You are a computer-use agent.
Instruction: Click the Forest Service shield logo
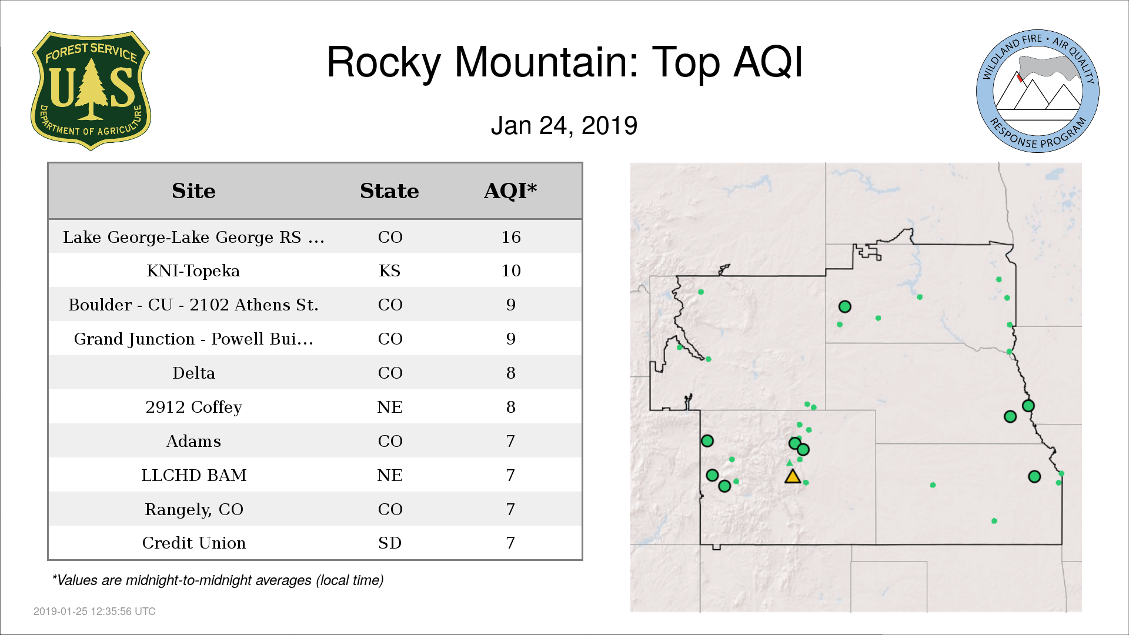pos(91,91)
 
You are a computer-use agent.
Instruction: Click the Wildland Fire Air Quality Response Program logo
pos(1037,91)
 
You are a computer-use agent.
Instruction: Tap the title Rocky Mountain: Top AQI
pos(564,62)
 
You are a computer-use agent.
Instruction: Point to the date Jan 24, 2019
pos(564,125)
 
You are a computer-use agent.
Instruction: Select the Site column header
pos(193,191)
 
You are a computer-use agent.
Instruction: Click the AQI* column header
pos(510,190)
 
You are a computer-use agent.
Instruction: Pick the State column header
pos(389,191)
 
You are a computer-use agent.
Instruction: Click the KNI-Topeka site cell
pos(193,270)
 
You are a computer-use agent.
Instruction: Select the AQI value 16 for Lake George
pos(511,237)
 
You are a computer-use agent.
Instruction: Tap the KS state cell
pos(390,270)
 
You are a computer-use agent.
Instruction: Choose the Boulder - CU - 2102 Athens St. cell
pos(193,305)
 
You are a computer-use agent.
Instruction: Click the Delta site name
pos(193,373)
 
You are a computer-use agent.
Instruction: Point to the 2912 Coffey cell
pos(193,407)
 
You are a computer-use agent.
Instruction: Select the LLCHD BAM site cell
pos(193,475)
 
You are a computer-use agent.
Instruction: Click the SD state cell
pos(390,543)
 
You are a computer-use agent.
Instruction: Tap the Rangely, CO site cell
pos(193,509)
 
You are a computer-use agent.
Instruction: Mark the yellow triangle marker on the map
pos(793,477)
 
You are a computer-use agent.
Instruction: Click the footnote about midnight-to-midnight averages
pos(218,580)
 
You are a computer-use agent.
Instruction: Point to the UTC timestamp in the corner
pos(95,611)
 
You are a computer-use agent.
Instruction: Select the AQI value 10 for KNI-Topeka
pos(511,270)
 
